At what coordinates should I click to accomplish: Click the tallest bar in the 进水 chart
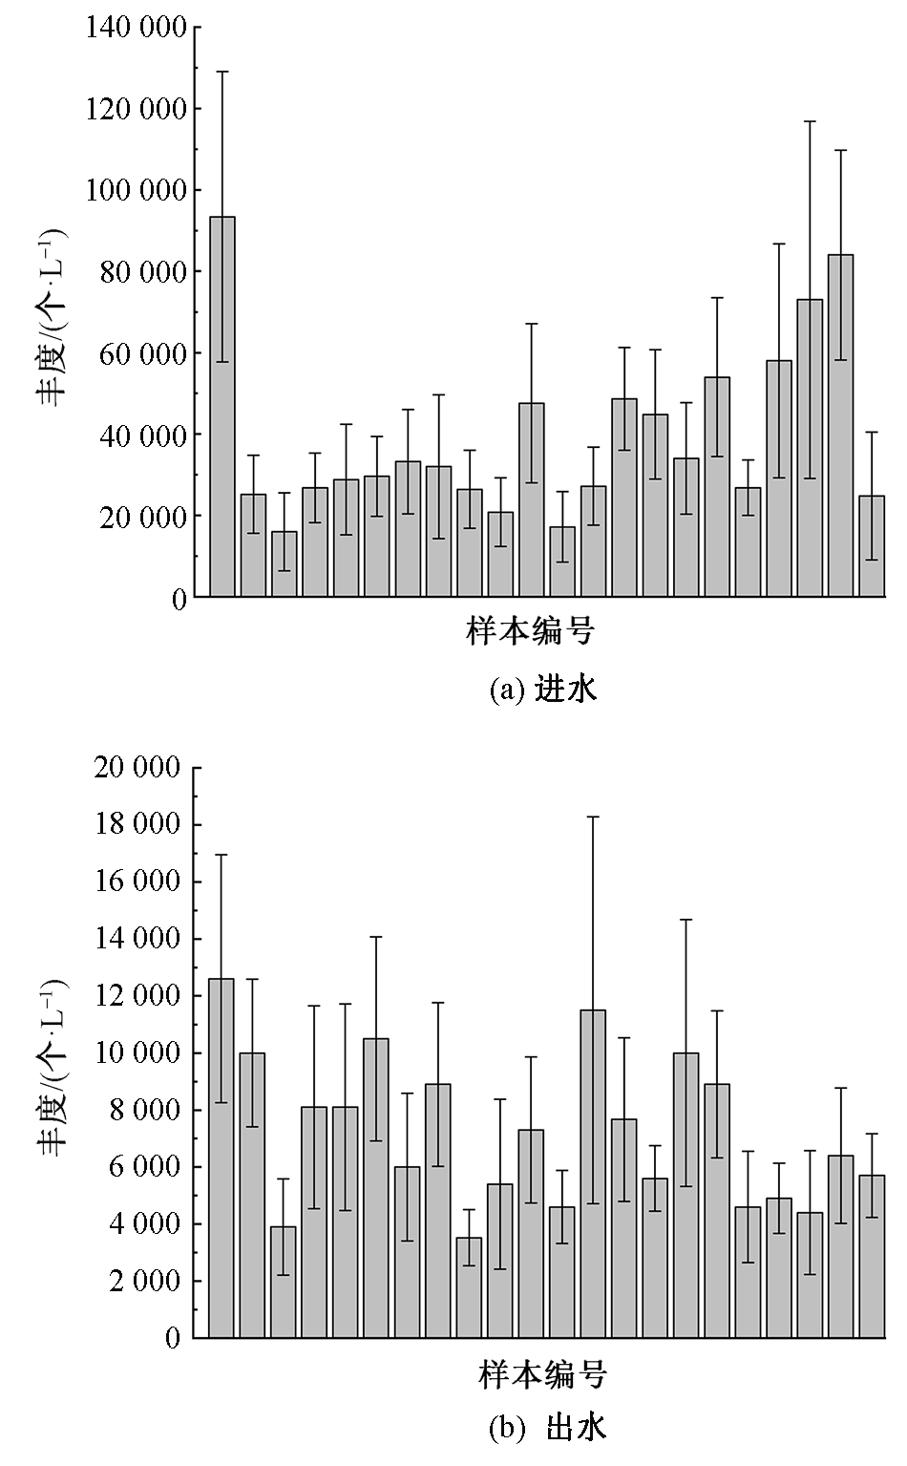point(221,406)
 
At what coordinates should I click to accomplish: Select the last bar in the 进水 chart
point(871,546)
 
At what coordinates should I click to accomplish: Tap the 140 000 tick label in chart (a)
point(136,28)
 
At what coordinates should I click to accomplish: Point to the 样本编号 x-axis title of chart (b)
point(542,1375)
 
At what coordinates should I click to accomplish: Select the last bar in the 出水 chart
point(871,1256)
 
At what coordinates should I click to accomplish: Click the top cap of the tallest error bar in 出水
point(593,817)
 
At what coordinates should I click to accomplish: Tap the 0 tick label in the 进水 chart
point(178,598)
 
